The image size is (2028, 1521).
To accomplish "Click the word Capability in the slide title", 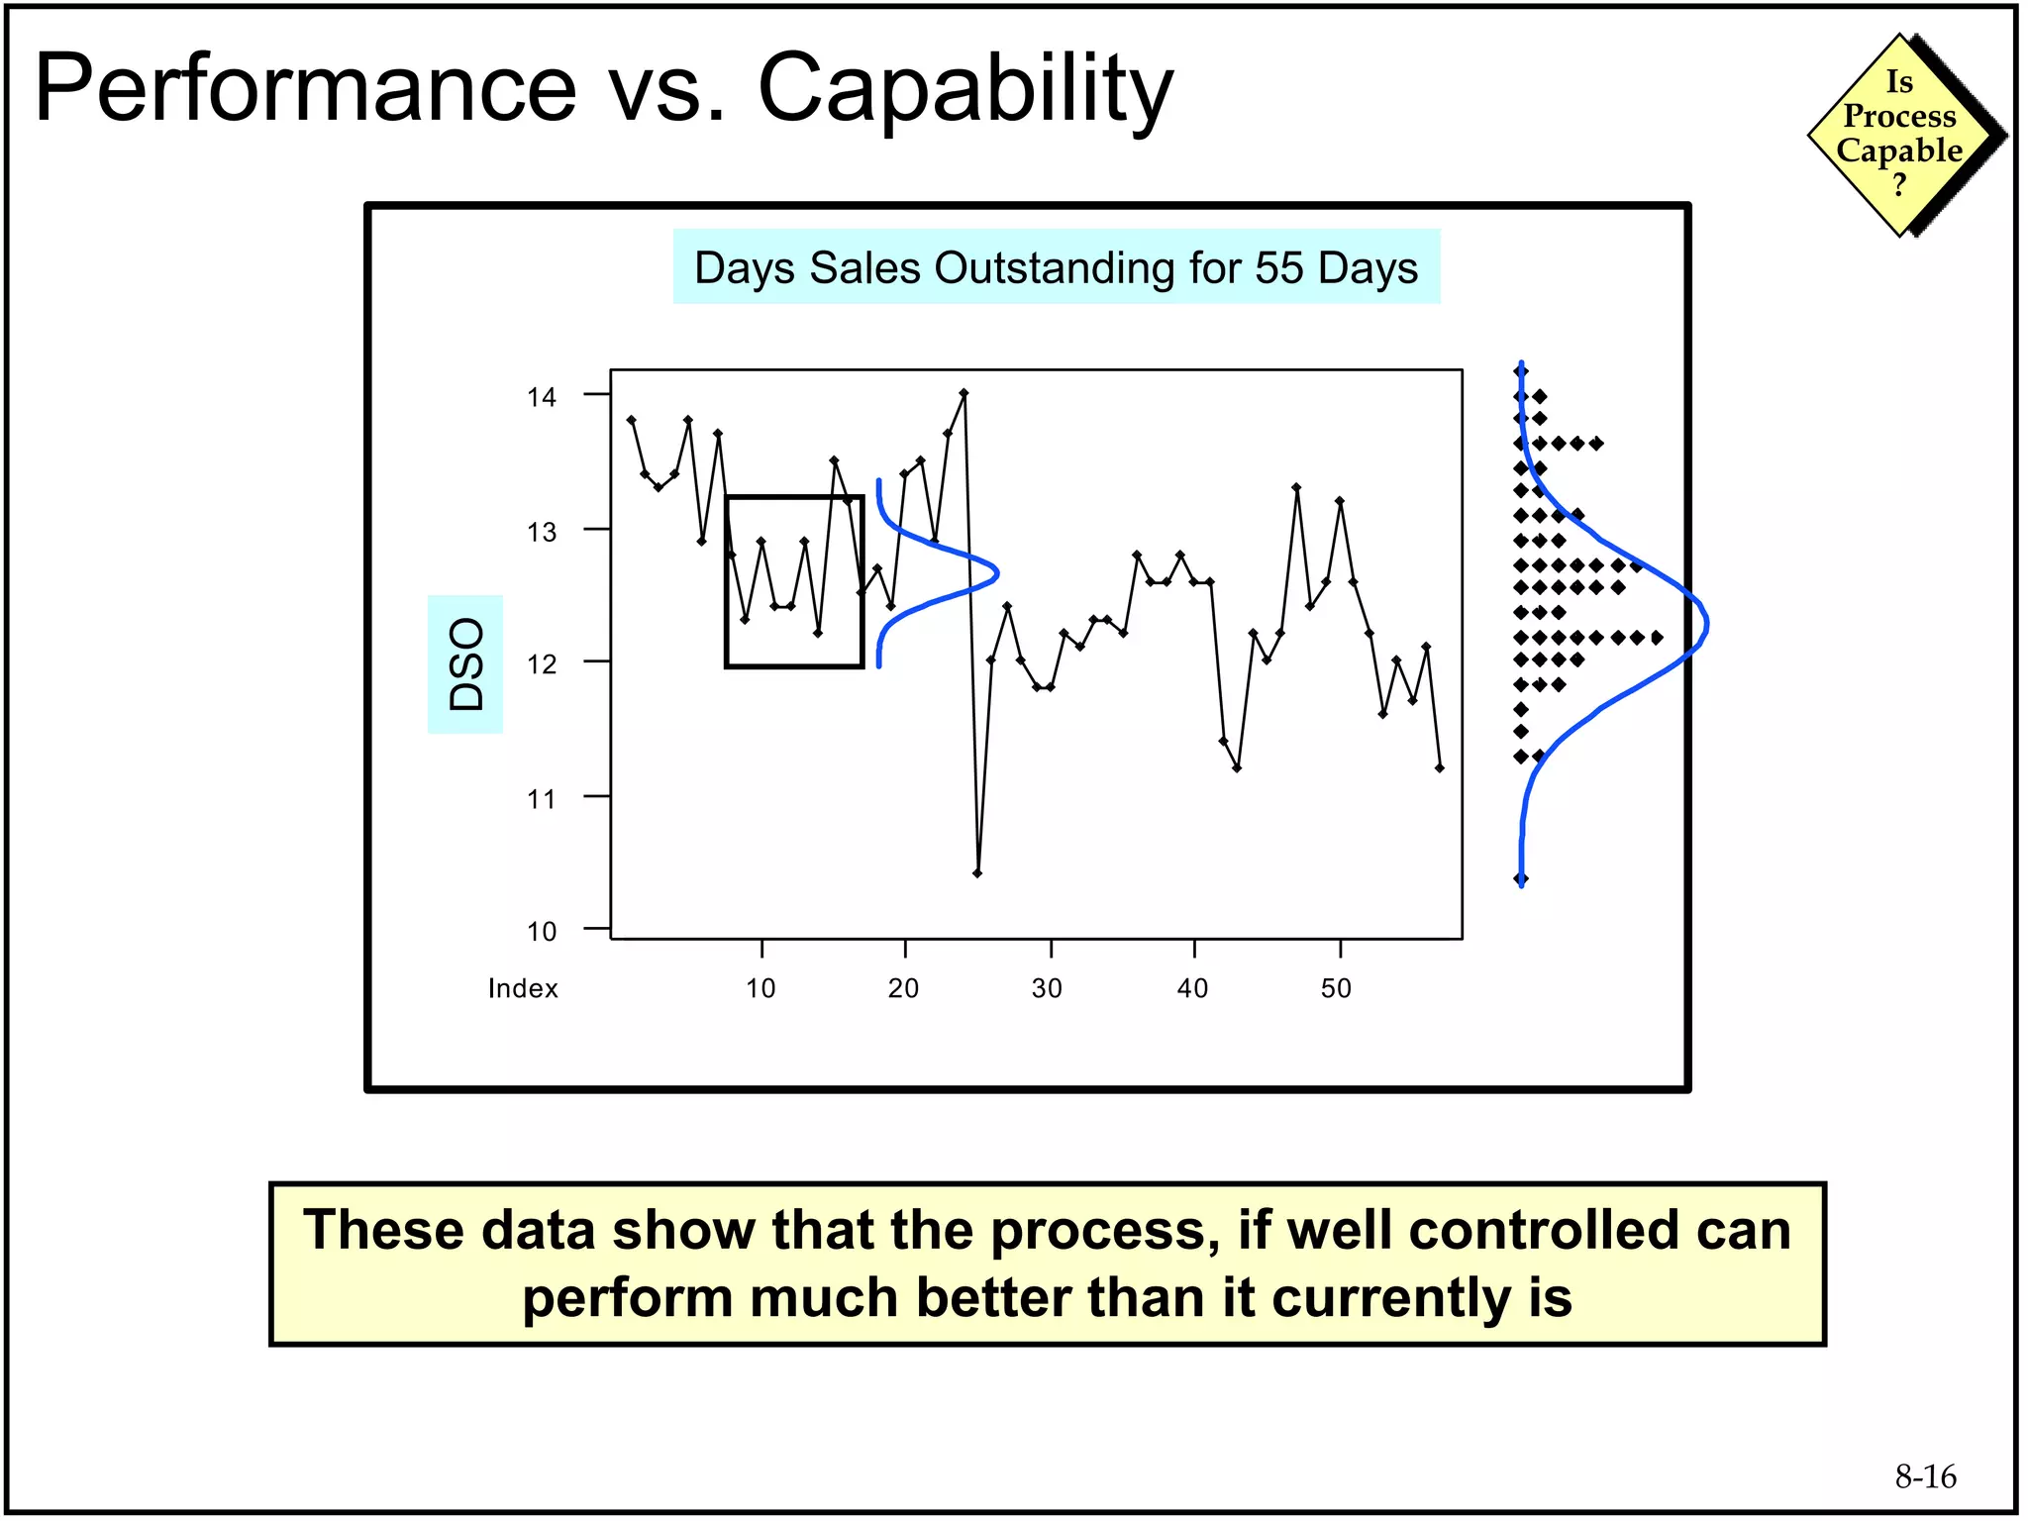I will pyautogui.click(x=964, y=89).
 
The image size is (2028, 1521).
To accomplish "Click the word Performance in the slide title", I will pyautogui.click(x=305, y=89).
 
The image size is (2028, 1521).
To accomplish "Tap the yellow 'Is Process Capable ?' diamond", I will pyautogui.click(x=1899, y=135).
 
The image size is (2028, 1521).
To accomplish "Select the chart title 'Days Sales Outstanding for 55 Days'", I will pyautogui.click(x=1056, y=267).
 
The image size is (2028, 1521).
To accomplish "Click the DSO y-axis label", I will pyautogui.click(x=465, y=664).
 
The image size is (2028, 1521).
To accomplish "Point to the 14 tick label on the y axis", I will pyautogui.click(x=542, y=398).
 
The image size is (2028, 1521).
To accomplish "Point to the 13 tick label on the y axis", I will pyautogui.click(x=542, y=533).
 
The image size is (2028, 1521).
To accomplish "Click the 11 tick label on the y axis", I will pyautogui.click(x=542, y=799).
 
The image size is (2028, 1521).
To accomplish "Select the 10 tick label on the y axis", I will pyautogui.click(x=542, y=932).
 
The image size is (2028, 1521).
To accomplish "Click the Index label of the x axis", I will pyautogui.click(x=523, y=988).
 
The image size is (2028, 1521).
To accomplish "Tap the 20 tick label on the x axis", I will pyautogui.click(x=903, y=988).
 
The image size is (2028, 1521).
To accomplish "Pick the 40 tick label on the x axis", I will pyautogui.click(x=1192, y=988).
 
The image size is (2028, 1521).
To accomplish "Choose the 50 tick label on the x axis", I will pyautogui.click(x=1336, y=988).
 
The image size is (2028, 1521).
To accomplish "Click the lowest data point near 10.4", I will pyautogui.click(x=977, y=873).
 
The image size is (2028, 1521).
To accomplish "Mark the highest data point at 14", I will pyautogui.click(x=963, y=393).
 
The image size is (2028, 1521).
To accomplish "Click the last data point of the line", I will pyautogui.click(x=1439, y=767).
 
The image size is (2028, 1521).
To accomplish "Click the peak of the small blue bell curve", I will pyautogui.click(x=996, y=572).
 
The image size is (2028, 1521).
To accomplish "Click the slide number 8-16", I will pyautogui.click(x=1925, y=1477).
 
